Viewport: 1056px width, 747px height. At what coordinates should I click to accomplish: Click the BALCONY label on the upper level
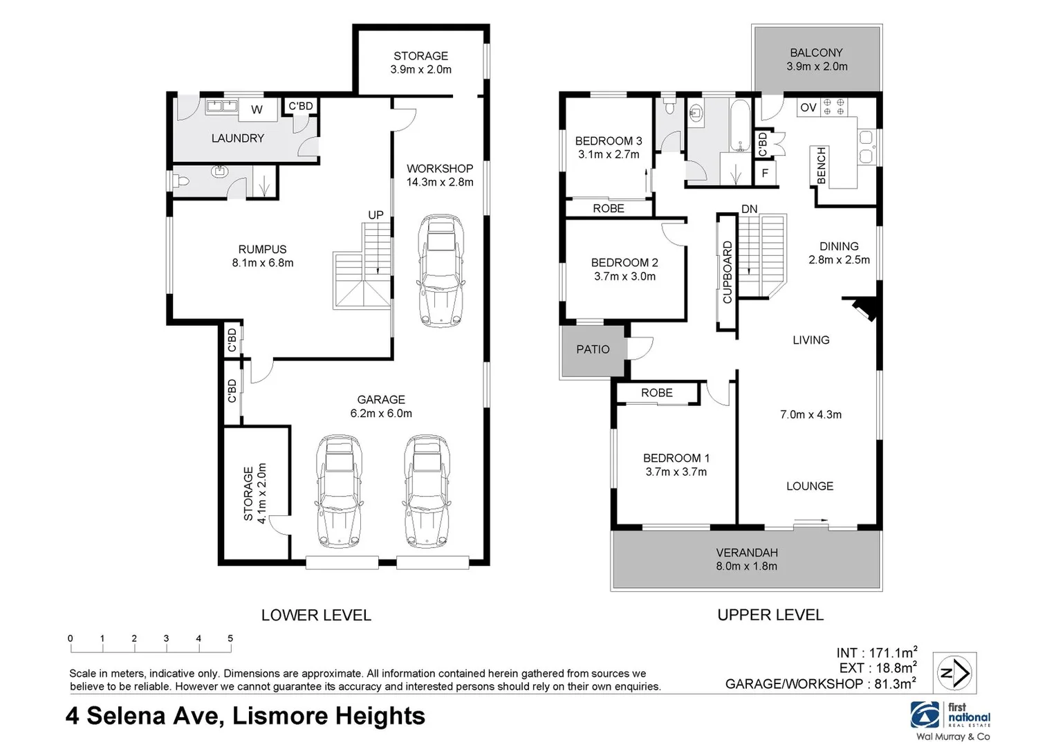point(816,53)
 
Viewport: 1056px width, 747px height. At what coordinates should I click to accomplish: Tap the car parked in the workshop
point(441,270)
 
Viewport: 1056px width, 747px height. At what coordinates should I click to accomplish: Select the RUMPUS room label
point(262,249)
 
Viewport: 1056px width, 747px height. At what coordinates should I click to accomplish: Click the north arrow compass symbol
point(954,672)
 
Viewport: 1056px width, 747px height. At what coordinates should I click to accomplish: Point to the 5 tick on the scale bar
point(230,639)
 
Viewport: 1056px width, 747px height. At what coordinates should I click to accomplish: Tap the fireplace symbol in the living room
point(864,308)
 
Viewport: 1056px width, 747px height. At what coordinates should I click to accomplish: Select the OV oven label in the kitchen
point(808,108)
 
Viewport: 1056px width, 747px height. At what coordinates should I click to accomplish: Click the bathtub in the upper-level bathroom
point(739,126)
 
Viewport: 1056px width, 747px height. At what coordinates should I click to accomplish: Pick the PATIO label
point(593,349)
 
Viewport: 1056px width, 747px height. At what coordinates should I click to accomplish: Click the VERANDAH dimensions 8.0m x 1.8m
point(746,566)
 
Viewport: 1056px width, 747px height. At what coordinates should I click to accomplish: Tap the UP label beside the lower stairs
point(376,215)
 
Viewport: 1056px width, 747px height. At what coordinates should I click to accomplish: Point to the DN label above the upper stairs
point(749,209)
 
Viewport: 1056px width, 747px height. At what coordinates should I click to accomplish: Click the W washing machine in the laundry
point(257,109)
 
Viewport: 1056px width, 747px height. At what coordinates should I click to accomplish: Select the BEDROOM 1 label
point(676,458)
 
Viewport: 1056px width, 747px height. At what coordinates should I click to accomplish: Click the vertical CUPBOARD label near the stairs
point(727,272)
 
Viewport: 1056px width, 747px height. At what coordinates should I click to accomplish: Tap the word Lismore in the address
point(280,716)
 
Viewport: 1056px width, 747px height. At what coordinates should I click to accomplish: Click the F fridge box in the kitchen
point(765,173)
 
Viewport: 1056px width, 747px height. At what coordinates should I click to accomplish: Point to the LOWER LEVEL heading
point(316,615)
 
